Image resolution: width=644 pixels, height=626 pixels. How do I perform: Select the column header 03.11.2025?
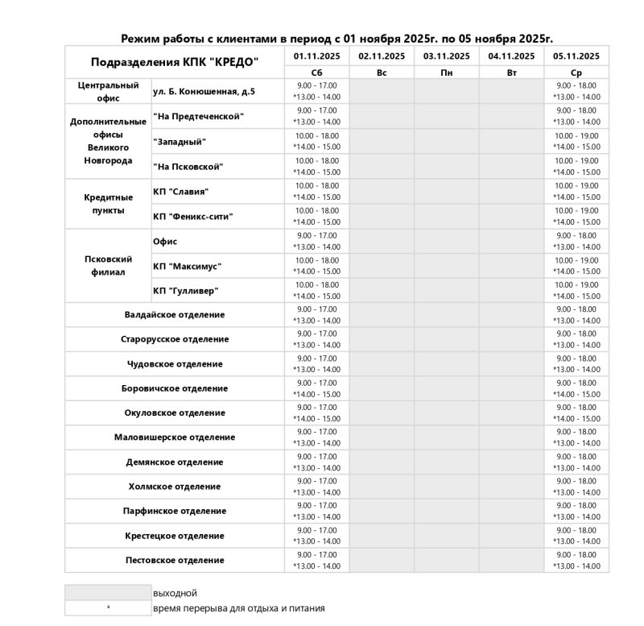tap(446, 56)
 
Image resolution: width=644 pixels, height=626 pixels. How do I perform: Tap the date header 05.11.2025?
tap(576, 56)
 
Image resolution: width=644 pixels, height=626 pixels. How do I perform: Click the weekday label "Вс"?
tap(382, 73)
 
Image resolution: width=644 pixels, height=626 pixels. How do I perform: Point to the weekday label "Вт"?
tap(511, 73)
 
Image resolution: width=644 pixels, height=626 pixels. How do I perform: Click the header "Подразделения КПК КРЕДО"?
tap(175, 62)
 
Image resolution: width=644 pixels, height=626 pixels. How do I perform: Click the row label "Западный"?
tap(180, 142)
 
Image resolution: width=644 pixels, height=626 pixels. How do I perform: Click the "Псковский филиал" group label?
tap(108, 266)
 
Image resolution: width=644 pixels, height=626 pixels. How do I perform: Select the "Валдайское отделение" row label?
tap(175, 315)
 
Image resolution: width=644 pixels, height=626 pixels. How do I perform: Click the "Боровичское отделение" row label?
tap(175, 388)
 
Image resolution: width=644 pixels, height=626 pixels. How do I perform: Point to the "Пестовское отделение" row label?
tap(175, 560)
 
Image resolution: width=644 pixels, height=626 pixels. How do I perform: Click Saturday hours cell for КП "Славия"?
tap(317, 191)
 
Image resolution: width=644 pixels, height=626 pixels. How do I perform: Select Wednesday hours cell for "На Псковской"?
tap(576, 166)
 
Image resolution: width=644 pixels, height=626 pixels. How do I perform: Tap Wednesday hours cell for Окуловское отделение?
tap(576, 412)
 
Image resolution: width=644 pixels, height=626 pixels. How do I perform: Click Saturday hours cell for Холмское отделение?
tap(317, 487)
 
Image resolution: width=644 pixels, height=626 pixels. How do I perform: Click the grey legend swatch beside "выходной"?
tap(108, 593)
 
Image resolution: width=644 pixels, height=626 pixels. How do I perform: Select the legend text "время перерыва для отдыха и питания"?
tap(239, 608)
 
